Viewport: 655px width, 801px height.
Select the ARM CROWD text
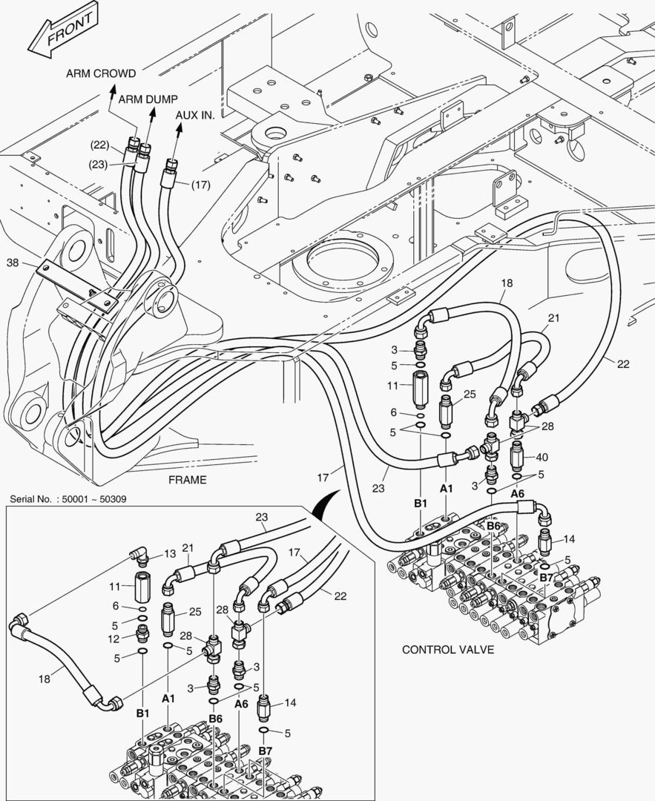click(101, 73)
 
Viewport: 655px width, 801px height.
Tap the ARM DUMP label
click(148, 98)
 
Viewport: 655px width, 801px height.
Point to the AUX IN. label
click(195, 115)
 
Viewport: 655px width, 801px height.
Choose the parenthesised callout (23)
click(101, 165)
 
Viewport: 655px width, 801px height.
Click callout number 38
click(13, 263)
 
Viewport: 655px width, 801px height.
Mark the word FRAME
click(187, 480)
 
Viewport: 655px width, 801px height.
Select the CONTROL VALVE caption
click(448, 650)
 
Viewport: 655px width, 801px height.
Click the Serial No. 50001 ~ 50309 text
click(68, 499)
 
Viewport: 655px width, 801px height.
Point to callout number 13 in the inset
click(170, 553)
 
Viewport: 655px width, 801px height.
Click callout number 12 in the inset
click(114, 639)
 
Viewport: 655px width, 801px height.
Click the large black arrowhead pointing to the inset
click(325, 507)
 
